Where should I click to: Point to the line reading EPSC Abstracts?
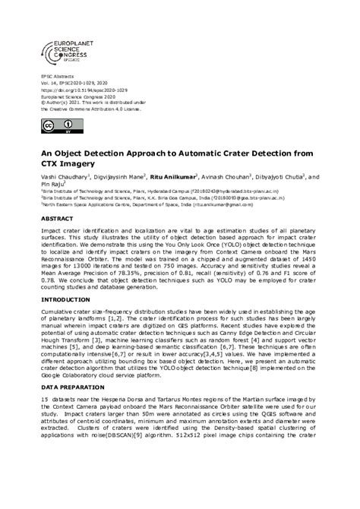click(58, 77)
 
